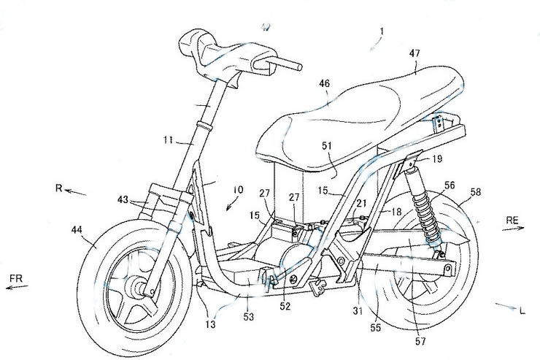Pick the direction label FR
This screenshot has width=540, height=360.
coord(18,278)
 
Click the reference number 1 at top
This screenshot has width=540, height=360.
coord(381,33)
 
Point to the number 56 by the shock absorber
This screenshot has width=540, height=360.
coord(449,185)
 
